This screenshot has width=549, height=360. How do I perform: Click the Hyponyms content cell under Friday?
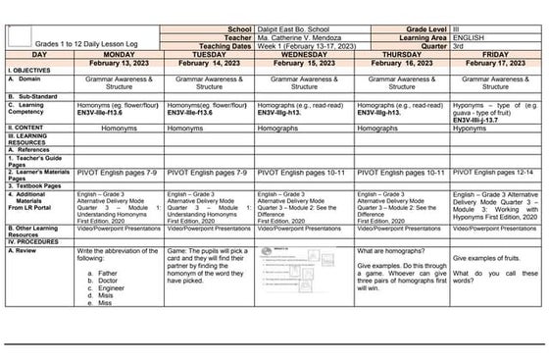(x=477, y=128)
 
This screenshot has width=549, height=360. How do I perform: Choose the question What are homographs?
(x=389, y=252)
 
